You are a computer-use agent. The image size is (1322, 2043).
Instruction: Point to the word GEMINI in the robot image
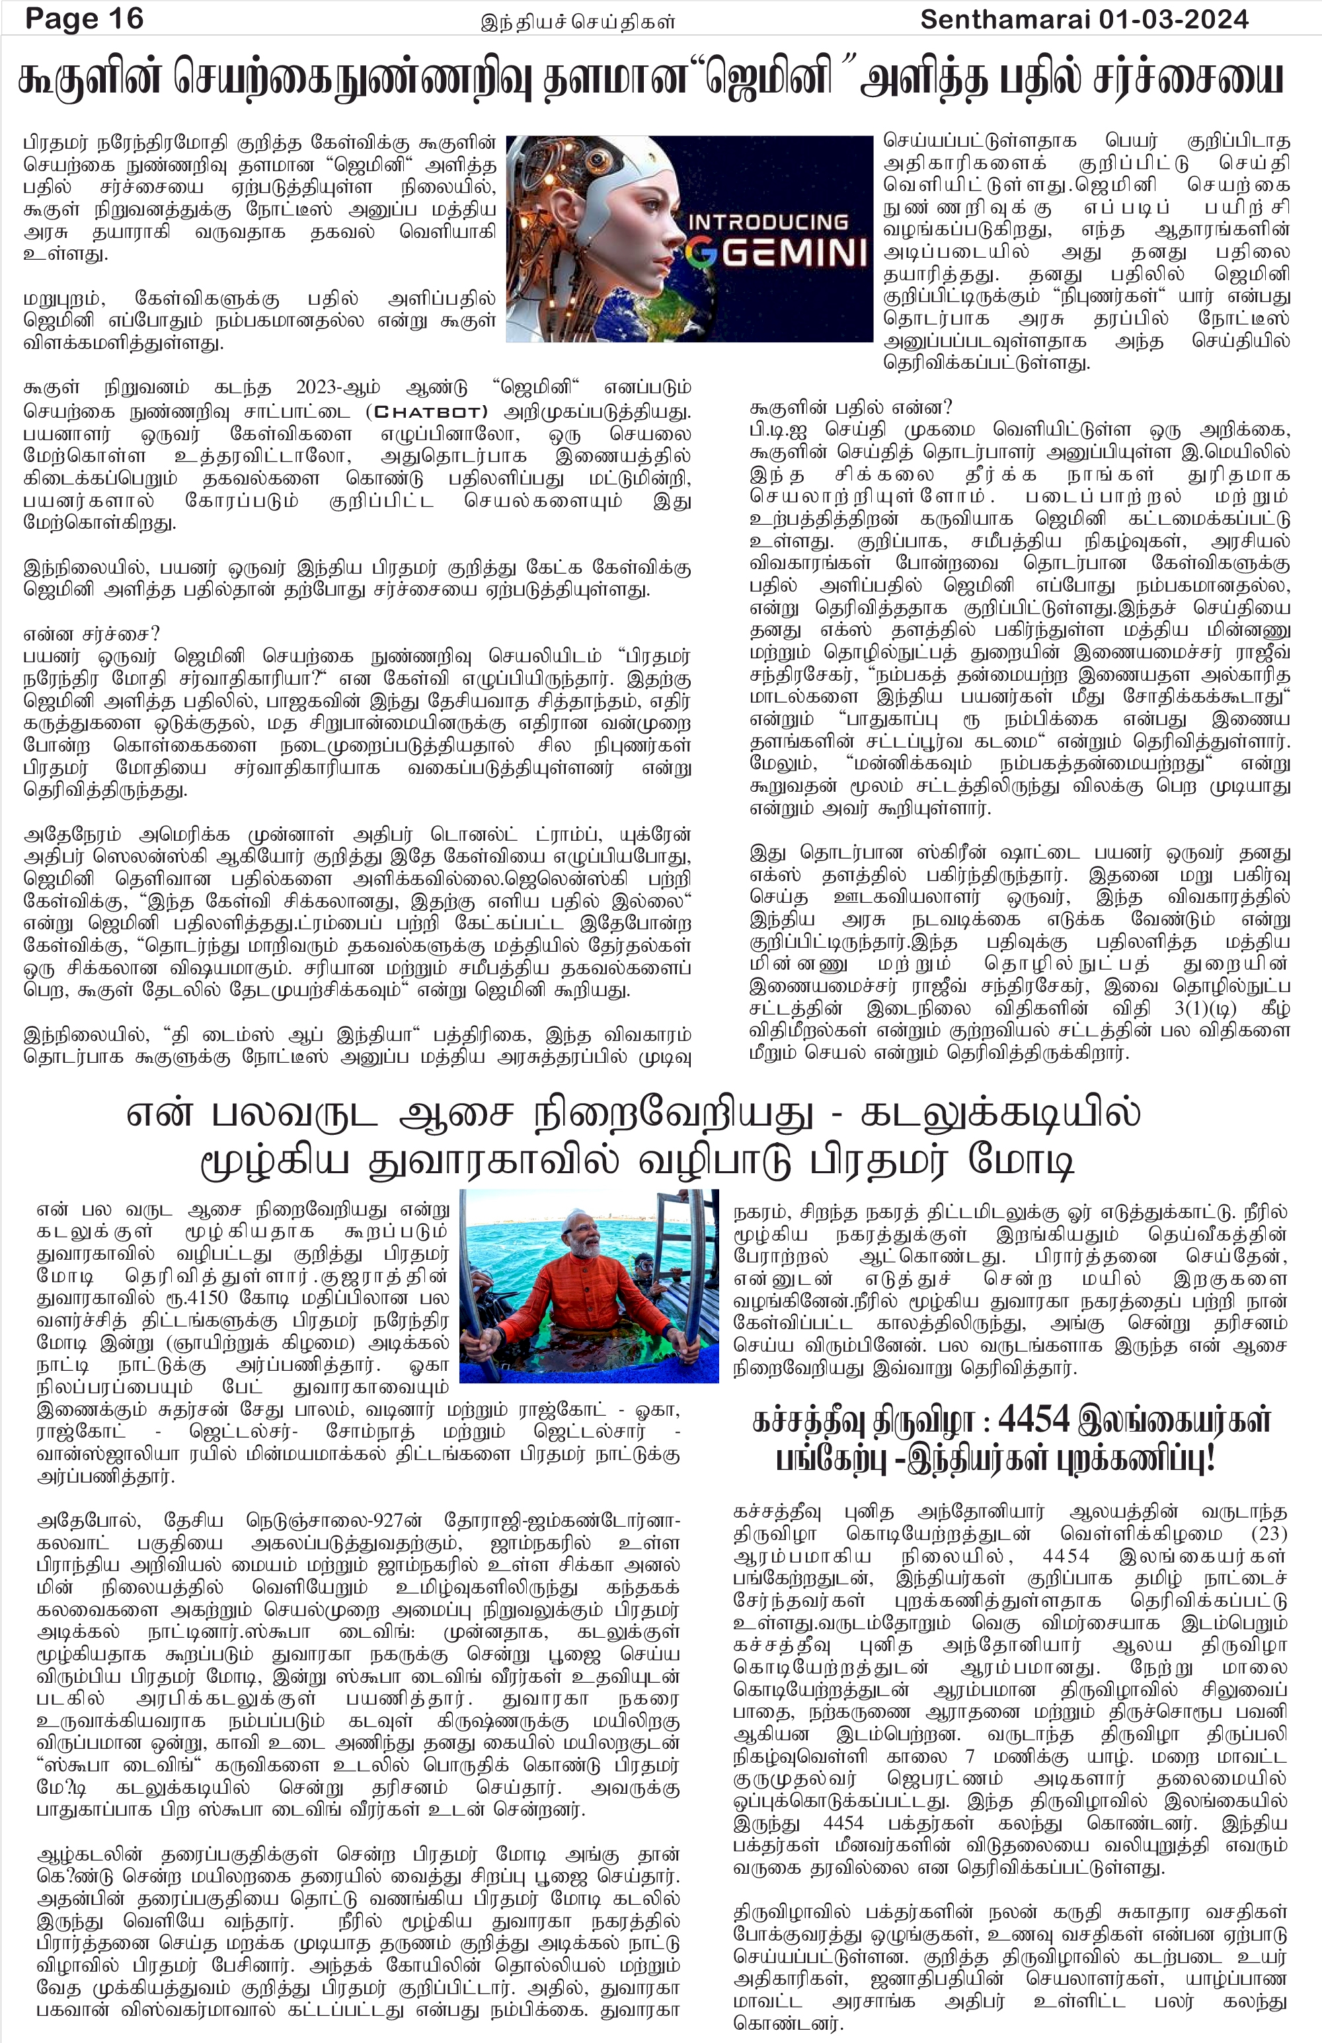coord(791,253)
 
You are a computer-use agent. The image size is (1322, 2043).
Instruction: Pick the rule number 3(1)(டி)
coord(1204,1008)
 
